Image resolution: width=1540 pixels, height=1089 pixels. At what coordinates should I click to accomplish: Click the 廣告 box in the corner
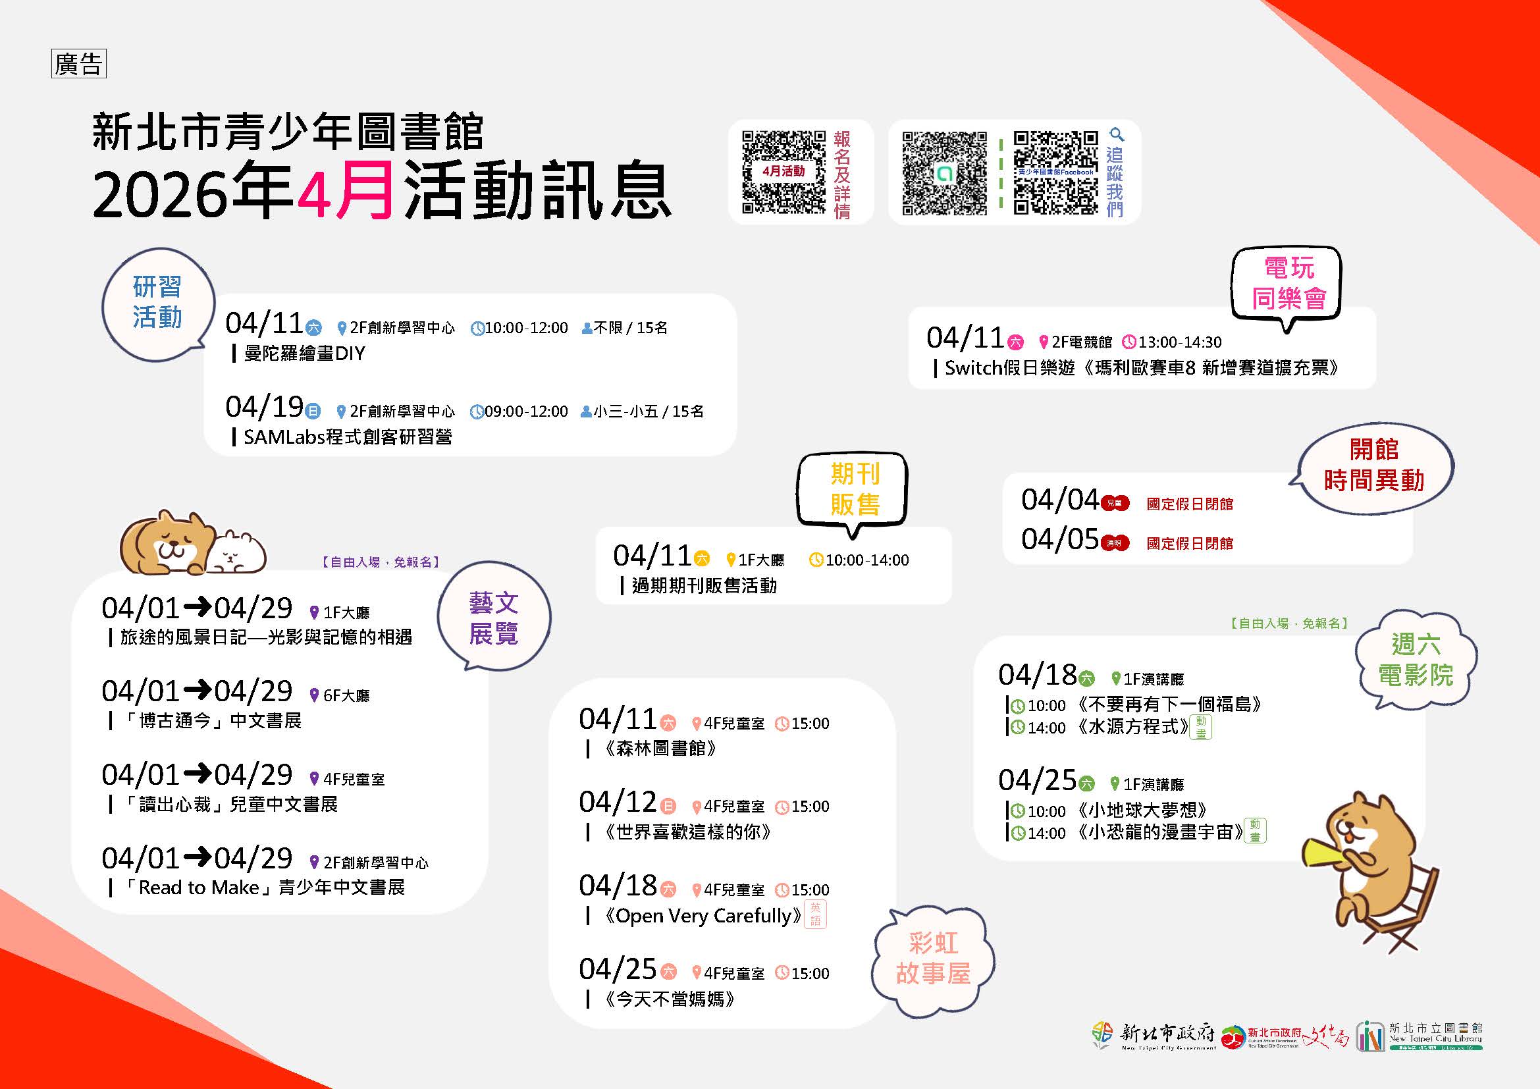78,65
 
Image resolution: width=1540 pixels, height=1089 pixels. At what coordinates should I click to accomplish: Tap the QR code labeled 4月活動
783,172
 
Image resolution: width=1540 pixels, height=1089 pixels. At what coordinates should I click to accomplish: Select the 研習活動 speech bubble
157,302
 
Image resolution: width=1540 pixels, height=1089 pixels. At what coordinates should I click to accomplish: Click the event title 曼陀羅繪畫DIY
304,354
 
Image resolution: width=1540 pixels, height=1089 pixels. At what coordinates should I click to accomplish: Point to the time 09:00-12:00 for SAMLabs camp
525,412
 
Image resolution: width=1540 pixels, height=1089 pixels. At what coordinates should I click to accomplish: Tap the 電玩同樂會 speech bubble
1288,284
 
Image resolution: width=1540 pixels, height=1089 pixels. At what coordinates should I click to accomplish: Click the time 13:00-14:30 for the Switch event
1179,342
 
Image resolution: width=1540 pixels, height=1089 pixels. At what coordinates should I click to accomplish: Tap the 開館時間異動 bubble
1373,465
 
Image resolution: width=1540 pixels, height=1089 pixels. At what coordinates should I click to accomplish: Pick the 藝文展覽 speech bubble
494,618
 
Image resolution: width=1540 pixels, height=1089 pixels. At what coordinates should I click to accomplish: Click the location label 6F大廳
346,696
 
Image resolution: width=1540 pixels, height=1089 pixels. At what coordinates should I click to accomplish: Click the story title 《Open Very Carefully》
703,916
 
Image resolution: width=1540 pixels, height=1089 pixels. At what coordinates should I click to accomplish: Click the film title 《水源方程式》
1132,727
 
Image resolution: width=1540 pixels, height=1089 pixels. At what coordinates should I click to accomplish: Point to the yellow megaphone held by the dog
1320,855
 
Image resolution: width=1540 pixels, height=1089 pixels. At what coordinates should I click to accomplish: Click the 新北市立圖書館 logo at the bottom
1420,1036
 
